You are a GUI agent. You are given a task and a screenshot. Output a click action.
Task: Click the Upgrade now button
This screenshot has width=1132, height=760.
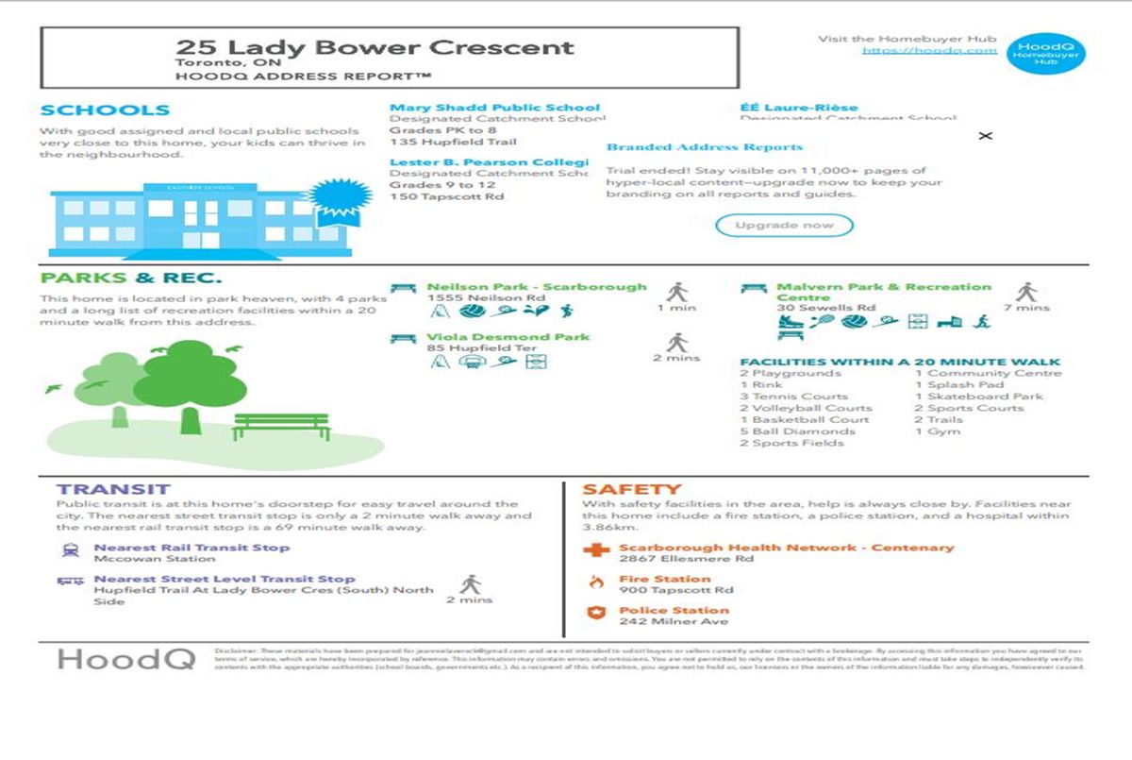coord(784,226)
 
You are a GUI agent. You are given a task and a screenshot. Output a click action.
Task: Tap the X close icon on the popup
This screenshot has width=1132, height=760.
coord(986,136)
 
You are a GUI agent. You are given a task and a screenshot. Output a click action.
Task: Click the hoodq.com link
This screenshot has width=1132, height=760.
coord(929,50)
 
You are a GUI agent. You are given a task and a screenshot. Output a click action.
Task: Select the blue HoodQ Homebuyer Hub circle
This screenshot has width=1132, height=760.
coord(1045,53)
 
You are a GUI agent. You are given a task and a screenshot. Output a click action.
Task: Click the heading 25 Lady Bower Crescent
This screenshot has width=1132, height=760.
coord(375,47)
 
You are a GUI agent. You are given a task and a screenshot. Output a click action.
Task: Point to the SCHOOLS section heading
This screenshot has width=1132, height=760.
coord(105,110)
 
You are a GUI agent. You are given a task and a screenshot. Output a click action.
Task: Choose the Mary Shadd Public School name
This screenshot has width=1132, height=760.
coord(494,108)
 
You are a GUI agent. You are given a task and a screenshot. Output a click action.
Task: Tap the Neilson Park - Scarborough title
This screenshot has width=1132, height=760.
coord(537,287)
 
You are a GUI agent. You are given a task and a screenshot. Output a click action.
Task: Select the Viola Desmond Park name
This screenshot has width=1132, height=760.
coord(508,337)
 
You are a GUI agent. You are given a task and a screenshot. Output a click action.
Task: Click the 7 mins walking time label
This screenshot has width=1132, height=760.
coord(1026,308)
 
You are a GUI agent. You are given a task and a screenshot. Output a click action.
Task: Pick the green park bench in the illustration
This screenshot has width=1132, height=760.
coord(280,426)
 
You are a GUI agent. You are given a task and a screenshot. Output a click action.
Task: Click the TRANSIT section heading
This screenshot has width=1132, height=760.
coord(113,489)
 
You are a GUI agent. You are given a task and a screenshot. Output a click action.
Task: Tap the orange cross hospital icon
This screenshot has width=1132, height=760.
coord(594,550)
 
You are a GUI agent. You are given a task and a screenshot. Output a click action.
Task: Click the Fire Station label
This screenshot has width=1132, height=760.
coord(664,579)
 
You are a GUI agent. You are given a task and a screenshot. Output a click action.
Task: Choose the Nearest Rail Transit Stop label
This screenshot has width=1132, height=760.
coord(191,548)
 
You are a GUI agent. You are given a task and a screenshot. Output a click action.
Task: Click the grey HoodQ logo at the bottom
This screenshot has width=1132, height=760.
coord(125,658)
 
